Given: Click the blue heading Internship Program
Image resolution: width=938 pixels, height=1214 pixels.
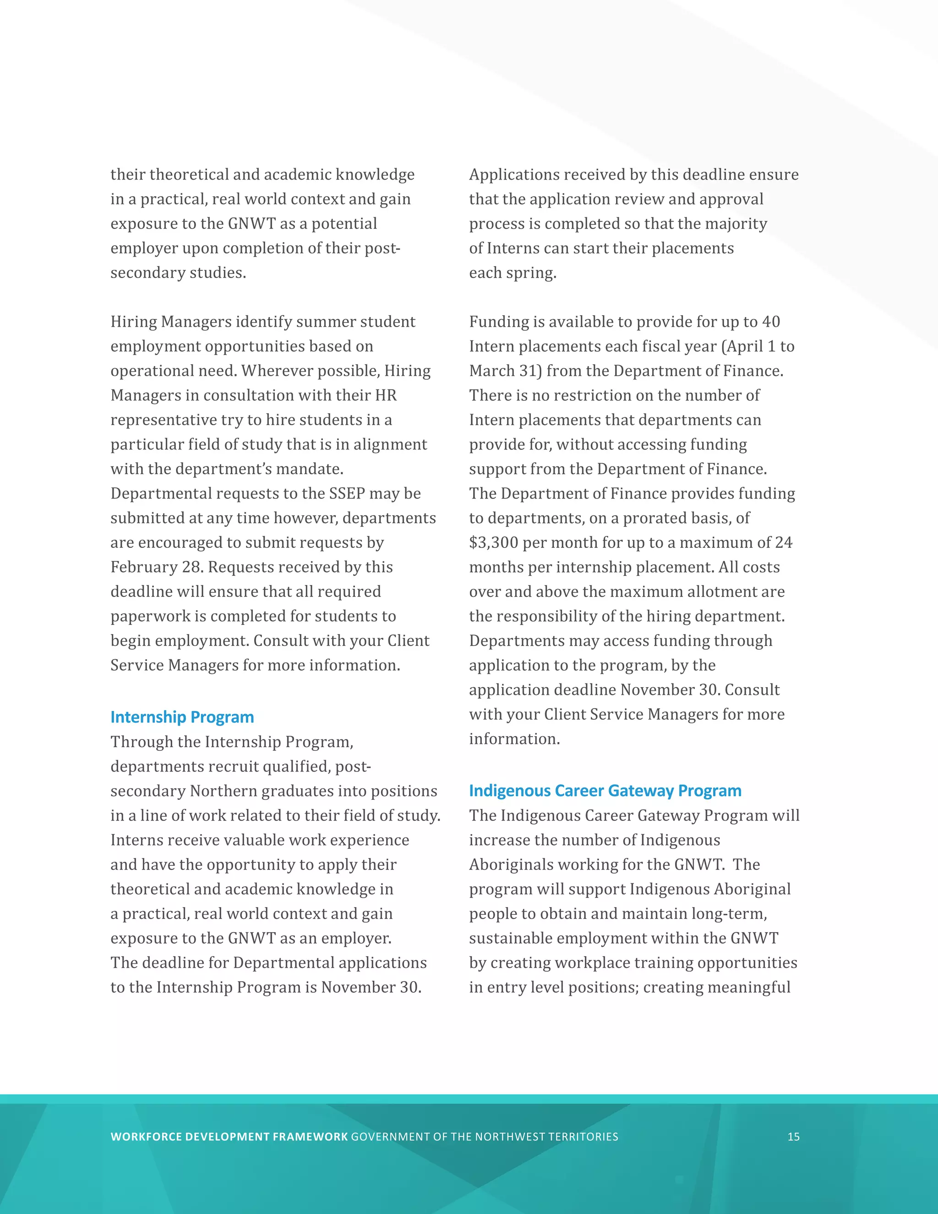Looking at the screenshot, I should [x=182, y=717].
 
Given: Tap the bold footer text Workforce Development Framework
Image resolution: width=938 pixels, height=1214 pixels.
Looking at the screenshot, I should [x=229, y=1137].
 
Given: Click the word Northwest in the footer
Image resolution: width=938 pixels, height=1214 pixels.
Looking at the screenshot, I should [x=510, y=1137].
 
